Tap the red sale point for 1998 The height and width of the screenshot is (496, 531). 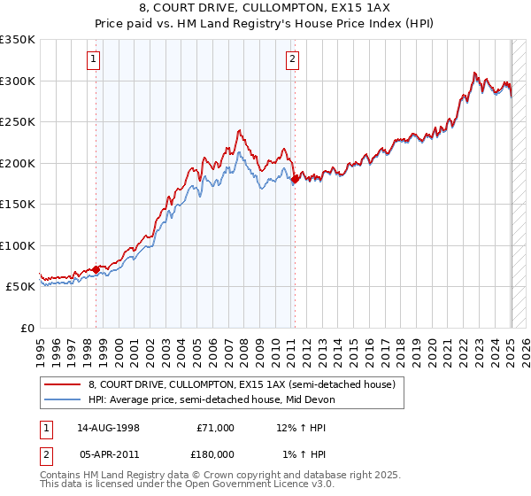coord(96,269)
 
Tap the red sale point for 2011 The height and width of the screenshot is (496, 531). coord(294,180)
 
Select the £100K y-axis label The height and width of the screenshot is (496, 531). coord(19,245)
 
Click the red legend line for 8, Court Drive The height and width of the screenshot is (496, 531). coord(63,384)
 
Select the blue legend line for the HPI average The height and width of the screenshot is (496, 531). coord(63,399)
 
